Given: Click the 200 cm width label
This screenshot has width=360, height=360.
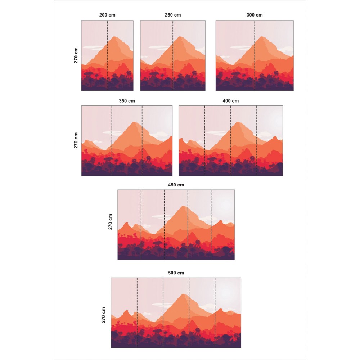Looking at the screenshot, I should tap(107, 15).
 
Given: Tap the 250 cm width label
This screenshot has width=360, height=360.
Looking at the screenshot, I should tap(173, 15).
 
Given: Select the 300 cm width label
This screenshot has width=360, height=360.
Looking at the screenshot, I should tap(255, 15).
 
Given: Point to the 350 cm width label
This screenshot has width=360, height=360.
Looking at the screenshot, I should tap(127, 101).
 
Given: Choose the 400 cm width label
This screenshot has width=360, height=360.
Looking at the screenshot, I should tap(230, 101).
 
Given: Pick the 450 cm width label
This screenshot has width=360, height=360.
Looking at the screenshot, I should tap(176, 185).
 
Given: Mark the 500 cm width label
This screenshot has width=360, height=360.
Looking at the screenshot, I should tap(176, 273).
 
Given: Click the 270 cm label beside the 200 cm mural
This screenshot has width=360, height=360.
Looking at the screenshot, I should tap(76, 55).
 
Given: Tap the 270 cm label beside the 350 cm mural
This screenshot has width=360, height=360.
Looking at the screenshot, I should tap(76, 140).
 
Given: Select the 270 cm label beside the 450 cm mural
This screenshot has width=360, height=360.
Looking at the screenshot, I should tap(111, 221).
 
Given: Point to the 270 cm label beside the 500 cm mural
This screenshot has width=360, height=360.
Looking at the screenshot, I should tap(104, 315).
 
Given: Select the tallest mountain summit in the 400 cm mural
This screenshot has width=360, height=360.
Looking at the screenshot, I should tap(238, 122).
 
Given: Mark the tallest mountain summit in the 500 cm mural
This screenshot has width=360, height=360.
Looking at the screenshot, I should tap(184, 294).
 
